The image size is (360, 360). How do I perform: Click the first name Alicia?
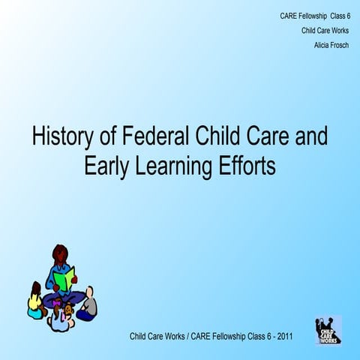323,44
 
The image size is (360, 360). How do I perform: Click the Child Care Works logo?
328,328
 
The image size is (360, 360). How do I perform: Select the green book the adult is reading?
64,280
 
